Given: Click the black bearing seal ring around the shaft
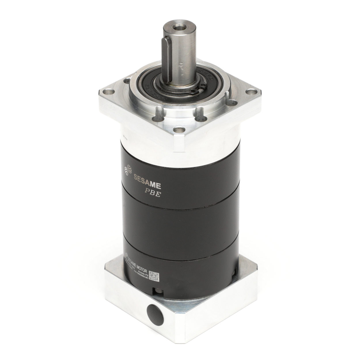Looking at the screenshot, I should pyautogui.click(x=150, y=86).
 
